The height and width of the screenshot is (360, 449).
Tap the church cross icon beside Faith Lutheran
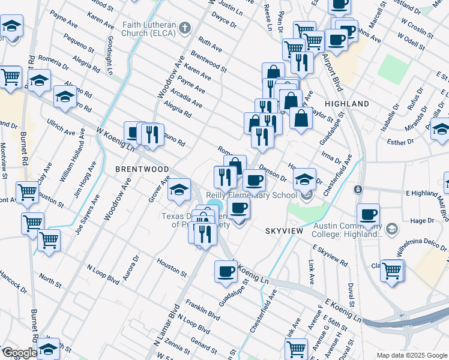[x=184, y=28]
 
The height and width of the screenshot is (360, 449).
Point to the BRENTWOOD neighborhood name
[x=142, y=170]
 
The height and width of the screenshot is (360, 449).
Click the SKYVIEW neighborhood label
[x=283, y=230]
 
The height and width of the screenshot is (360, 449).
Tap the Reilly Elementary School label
[x=252, y=195]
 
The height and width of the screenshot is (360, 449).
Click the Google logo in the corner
[x=19, y=353]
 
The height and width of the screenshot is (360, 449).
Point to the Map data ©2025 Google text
[x=412, y=355]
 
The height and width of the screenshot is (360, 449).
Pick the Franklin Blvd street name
[x=202, y=308]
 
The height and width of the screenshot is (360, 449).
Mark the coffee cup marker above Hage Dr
[x=368, y=214]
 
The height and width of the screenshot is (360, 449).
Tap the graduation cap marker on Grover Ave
[x=179, y=190]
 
